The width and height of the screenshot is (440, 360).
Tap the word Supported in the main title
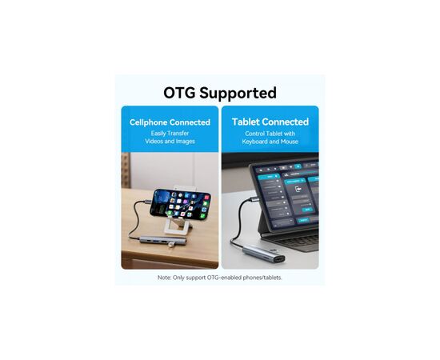239,93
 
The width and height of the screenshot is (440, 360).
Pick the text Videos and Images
170,142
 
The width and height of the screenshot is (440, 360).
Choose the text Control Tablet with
270,133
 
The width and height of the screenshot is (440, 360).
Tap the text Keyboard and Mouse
270,142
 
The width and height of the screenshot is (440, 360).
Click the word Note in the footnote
164,278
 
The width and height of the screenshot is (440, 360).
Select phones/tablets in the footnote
262,278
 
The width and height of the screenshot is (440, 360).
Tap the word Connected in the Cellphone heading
192,122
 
